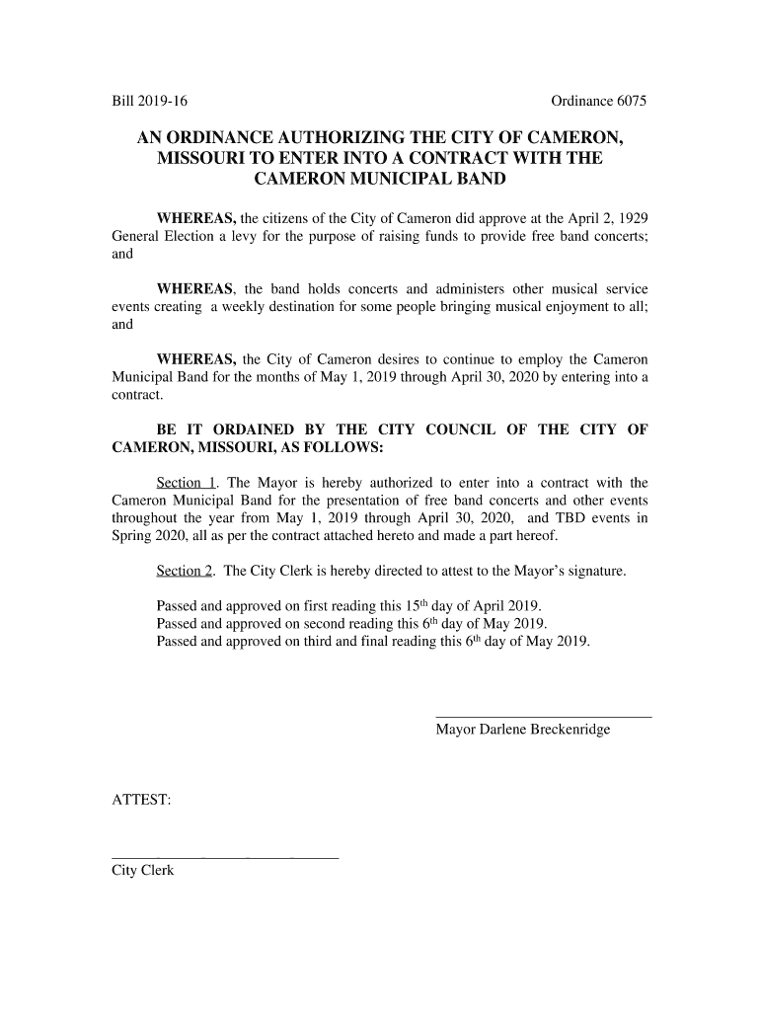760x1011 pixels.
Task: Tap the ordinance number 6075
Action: [x=625, y=102]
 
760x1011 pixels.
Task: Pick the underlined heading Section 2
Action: [x=186, y=572]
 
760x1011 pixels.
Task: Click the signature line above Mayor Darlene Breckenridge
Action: [x=543, y=716]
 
